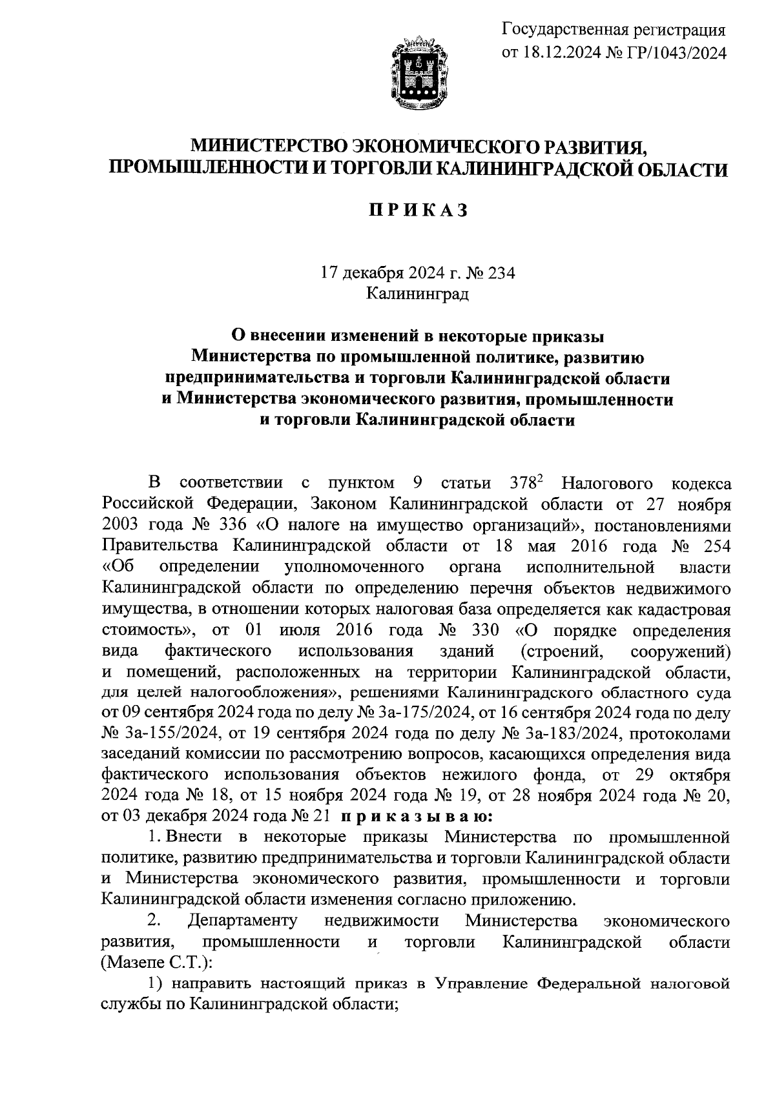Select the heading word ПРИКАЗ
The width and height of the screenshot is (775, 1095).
point(418,210)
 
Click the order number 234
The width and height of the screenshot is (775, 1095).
point(502,273)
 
